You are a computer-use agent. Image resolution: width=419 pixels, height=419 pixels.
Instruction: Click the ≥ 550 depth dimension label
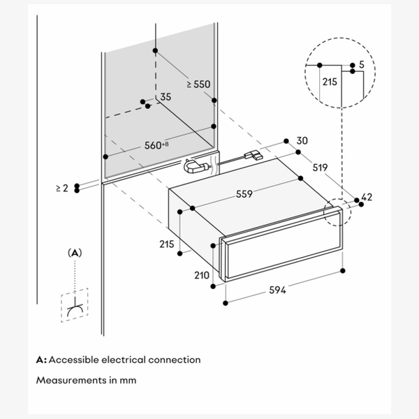click(x=198, y=84)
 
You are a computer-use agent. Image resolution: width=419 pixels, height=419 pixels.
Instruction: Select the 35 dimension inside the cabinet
click(x=166, y=97)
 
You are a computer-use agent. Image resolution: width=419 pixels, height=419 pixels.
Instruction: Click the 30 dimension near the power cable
click(x=302, y=141)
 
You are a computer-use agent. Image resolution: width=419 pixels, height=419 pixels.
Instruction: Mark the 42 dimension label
click(x=367, y=198)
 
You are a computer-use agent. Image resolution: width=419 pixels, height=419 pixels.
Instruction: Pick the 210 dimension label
click(x=202, y=275)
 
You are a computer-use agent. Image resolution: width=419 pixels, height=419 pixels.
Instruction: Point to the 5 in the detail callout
click(x=361, y=65)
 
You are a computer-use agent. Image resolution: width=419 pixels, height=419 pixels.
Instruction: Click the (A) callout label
click(x=74, y=252)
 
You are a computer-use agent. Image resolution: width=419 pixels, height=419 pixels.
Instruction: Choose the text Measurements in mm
click(x=86, y=381)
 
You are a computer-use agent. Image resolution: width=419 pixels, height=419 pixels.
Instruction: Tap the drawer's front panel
click(x=279, y=256)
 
